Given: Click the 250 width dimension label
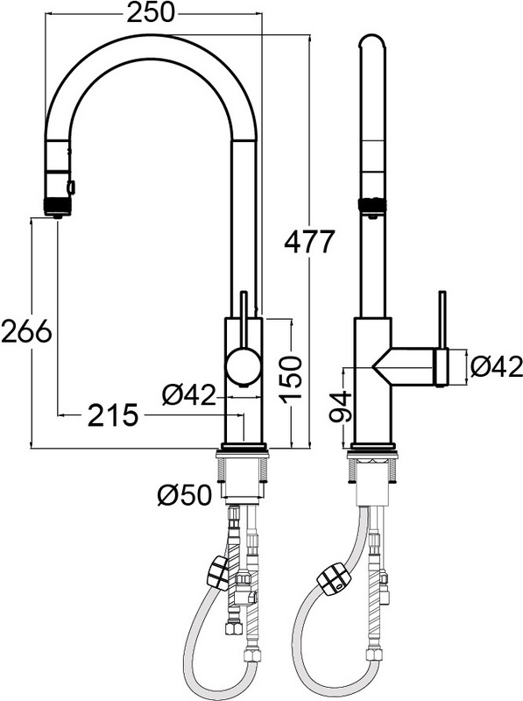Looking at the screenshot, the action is pyautogui.click(x=152, y=13).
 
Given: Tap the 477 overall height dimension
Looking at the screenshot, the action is pyautogui.click(x=310, y=242).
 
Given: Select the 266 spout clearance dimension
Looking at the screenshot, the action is pyautogui.click(x=26, y=332).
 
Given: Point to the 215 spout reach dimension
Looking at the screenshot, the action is pyautogui.click(x=113, y=415).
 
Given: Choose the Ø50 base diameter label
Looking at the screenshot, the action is pyautogui.click(x=184, y=495).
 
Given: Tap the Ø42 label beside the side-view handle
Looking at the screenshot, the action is pyautogui.click(x=496, y=367).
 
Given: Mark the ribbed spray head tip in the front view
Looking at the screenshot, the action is pyautogui.click(x=57, y=206).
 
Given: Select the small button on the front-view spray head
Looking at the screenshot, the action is pyautogui.click(x=71, y=186).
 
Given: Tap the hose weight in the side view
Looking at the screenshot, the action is pyautogui.click(x=331, y=580).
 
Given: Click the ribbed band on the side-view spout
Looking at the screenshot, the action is pyautogui.click(x=371, y=204).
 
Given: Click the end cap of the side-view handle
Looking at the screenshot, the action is pyautogui.click(x=442, y=367).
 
